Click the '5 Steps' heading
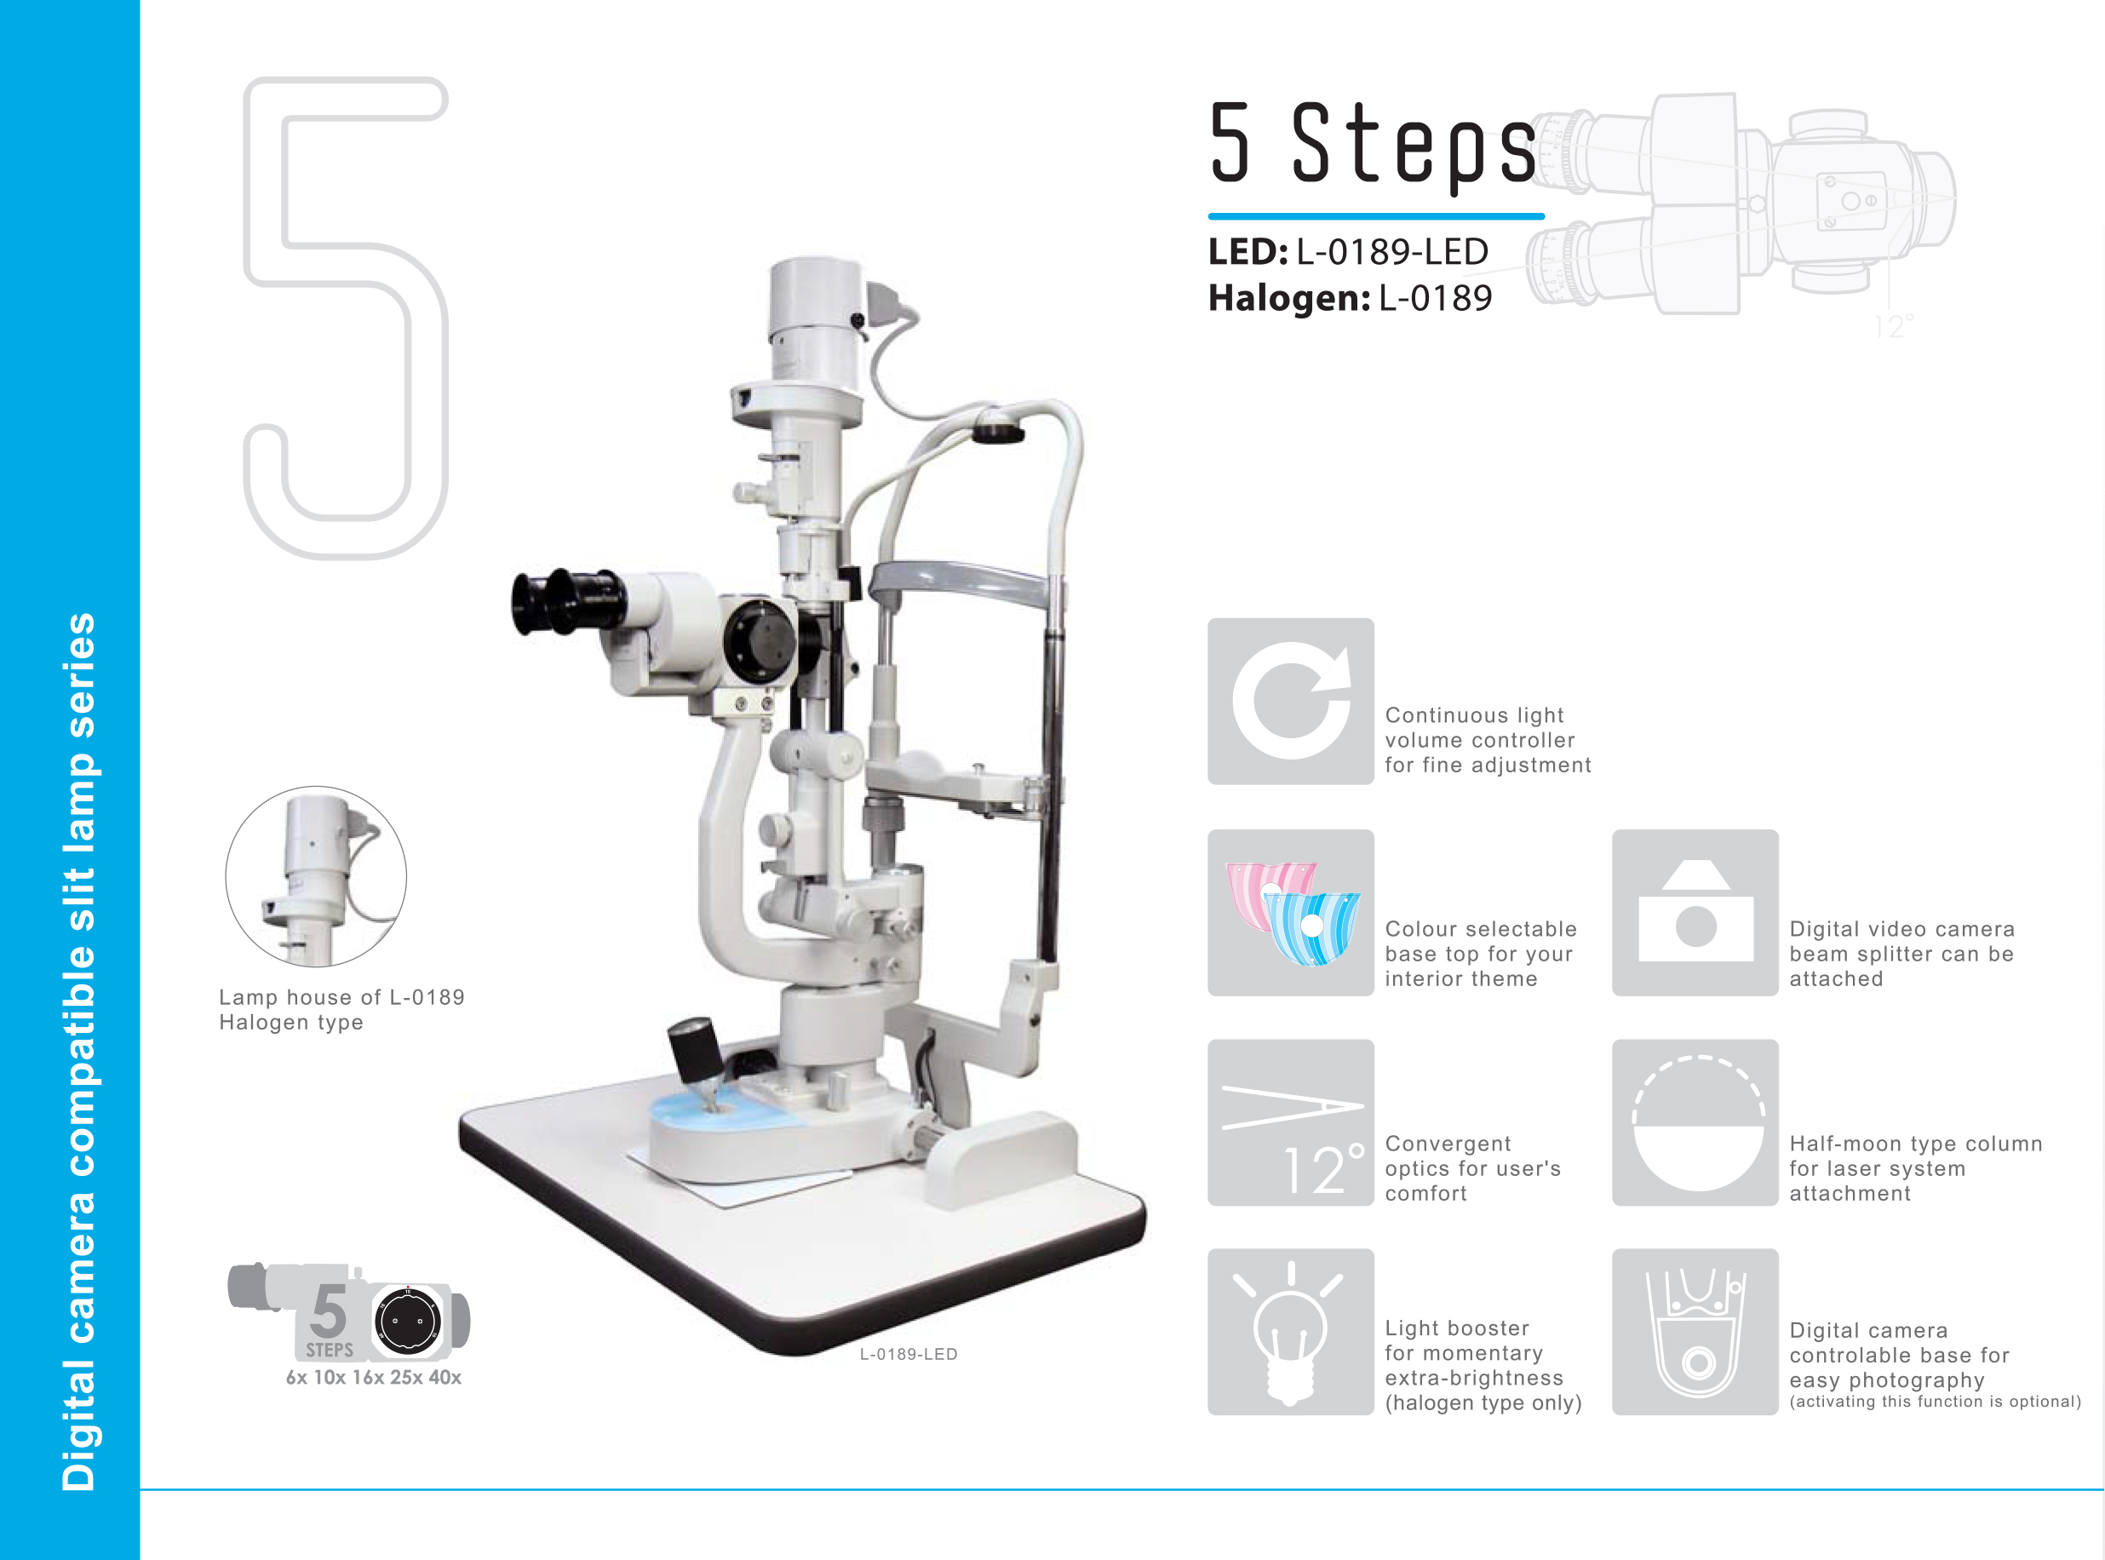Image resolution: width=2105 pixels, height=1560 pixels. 1374,144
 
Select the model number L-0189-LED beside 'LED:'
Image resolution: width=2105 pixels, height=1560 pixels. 1392,252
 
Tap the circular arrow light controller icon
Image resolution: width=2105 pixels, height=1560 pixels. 1290,701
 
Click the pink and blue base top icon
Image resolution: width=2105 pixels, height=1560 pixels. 1290,912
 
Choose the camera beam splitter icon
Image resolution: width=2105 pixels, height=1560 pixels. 1695,912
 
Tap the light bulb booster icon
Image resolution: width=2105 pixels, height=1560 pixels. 1290,1332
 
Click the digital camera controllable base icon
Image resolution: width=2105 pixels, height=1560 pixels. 1695,1332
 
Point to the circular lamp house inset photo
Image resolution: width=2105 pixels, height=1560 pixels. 317,876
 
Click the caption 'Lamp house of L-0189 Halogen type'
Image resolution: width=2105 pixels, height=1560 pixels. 341,1009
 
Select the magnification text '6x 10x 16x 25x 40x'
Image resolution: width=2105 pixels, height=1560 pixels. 374,1377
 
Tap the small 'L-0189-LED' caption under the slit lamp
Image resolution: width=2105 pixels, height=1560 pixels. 909,1354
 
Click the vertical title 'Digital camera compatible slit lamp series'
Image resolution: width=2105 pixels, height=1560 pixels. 78,1051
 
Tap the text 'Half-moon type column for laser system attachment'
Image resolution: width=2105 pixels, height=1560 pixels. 1915,1168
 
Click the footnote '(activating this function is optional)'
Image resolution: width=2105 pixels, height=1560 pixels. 1935,1402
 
